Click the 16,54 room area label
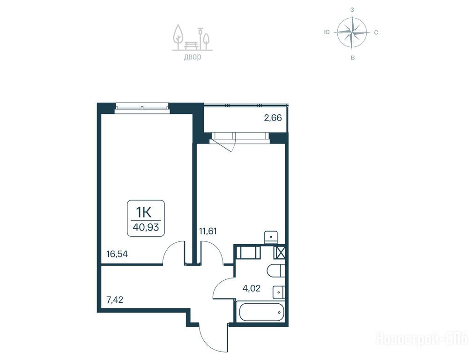tap(117, 254)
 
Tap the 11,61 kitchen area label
tap(208, 231)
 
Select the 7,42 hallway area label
tap(115, 300)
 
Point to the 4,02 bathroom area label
tap(252, 288)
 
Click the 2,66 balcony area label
tap(273, 118)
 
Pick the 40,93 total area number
tap(146, 227)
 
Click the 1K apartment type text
tap(144, 213)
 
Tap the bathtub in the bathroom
tap(261, 312)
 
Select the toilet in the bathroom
tap(276, 270)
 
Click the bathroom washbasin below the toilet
tap(279, 292)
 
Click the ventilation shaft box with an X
tap(279, 253)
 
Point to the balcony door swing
tap(225, 144)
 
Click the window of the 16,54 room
tap(142, 107)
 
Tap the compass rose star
tap(352, 32)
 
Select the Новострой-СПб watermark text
tap(422, 338)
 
